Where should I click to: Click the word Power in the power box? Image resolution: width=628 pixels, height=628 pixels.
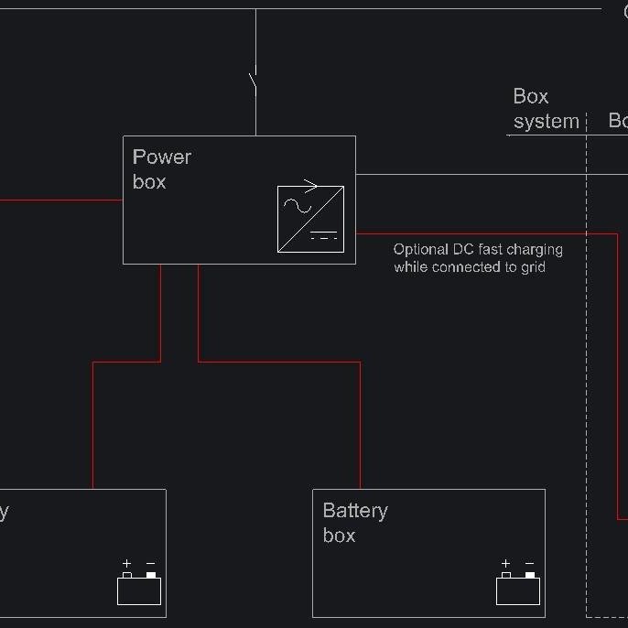point(162,157)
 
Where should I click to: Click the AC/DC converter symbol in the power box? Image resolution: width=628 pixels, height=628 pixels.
point(310,219)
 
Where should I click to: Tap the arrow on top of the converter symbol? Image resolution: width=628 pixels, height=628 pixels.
point(306,187)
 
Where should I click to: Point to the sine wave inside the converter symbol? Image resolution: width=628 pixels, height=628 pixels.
point(298,205)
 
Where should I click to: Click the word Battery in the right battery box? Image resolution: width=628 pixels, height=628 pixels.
point(355,511)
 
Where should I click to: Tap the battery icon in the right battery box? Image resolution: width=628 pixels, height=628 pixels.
point(518,590)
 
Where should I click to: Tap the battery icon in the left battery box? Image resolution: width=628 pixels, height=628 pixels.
point(139,590)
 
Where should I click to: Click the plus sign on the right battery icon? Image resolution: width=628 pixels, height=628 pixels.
point(505,564)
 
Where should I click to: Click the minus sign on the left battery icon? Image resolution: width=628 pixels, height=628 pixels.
point(151,564)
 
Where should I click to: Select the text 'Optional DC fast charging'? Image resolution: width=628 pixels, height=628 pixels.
point(478,249)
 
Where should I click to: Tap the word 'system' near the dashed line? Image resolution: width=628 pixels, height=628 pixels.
point(546,122)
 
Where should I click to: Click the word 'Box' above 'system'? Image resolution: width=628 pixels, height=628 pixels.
point(531,97)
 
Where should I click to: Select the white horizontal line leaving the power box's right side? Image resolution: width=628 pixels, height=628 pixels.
point(476,174)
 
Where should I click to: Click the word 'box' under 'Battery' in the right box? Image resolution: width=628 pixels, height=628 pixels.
point(339,536)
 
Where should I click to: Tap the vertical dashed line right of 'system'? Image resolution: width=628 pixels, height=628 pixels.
point(587,366)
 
